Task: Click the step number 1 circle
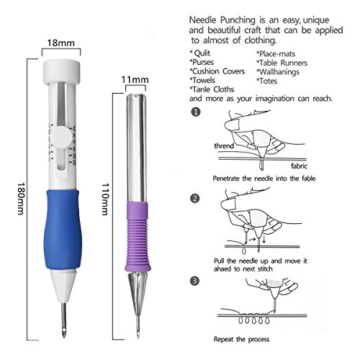(x=196, y=113)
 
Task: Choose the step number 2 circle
(x=196, y=197)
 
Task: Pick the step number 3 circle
(x=196, y=281)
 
